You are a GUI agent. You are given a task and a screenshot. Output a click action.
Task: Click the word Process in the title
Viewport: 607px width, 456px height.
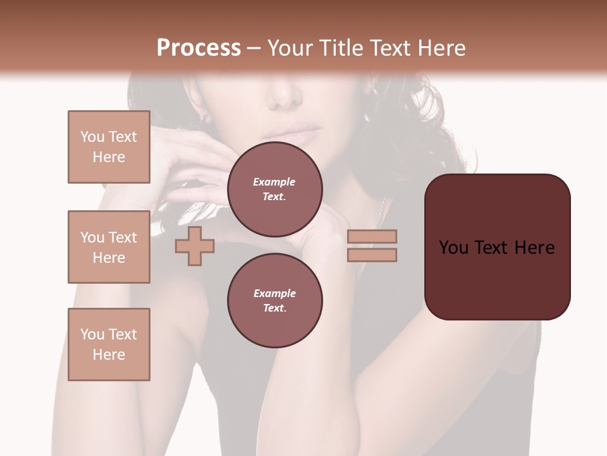(199, 48)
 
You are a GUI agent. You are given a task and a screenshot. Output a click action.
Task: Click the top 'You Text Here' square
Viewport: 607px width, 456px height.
(109, 147)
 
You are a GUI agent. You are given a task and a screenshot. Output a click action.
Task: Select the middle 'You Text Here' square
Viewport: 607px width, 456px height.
(109, 247)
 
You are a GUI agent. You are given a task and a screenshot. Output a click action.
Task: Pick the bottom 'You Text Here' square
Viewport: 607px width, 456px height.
(109, 345)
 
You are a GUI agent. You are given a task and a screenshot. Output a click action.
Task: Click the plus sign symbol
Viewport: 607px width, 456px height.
(195, 246)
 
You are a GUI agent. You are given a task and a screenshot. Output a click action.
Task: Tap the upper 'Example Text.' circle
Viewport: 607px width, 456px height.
(274, 189)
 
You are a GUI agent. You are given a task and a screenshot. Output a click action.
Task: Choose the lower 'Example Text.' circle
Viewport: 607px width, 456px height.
(274, 301)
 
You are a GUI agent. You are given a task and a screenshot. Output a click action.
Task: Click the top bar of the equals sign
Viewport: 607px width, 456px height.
(372, 237)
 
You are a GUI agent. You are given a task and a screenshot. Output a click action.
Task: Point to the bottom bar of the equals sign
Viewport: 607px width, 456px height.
(372, 255)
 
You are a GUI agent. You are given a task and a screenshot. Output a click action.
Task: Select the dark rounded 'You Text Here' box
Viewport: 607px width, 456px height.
(497, 247)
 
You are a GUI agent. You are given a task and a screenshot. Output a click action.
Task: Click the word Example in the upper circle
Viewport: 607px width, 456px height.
(274, 182)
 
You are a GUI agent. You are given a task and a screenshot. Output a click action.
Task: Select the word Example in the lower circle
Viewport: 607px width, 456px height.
(274, 293)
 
